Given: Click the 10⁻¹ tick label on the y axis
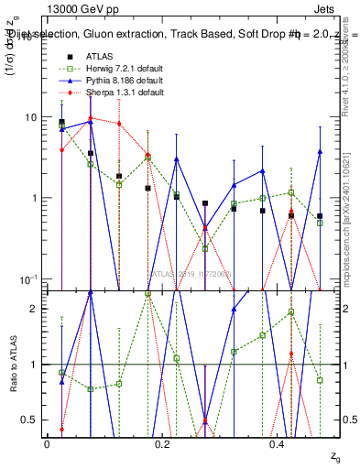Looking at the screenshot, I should tap(28, 278).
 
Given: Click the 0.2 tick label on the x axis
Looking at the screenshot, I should tap(162, 443).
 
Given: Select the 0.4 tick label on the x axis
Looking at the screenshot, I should tap(278, 443).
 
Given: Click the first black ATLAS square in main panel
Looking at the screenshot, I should tap(61, 122).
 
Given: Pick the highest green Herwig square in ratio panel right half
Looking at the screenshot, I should tap(291, 311).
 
